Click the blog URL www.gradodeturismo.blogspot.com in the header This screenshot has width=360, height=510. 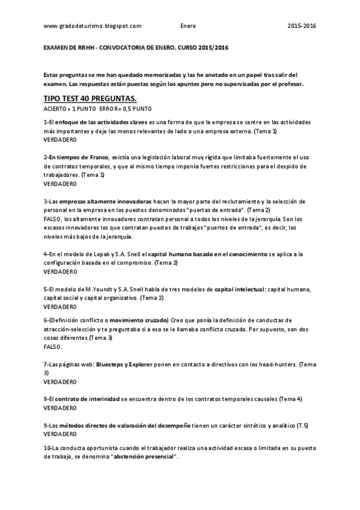pos(93,26)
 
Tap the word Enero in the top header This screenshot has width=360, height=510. pos(188,26)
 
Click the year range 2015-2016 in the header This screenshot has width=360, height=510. pos(302,26)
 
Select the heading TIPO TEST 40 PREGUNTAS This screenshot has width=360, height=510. pos(90,98)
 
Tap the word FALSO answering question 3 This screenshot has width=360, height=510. pos(53,219)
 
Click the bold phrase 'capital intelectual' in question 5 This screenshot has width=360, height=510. pos(240,289)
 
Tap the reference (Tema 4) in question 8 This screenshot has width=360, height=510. pos(290,399)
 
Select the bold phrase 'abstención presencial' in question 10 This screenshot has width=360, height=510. pos(144,457)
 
